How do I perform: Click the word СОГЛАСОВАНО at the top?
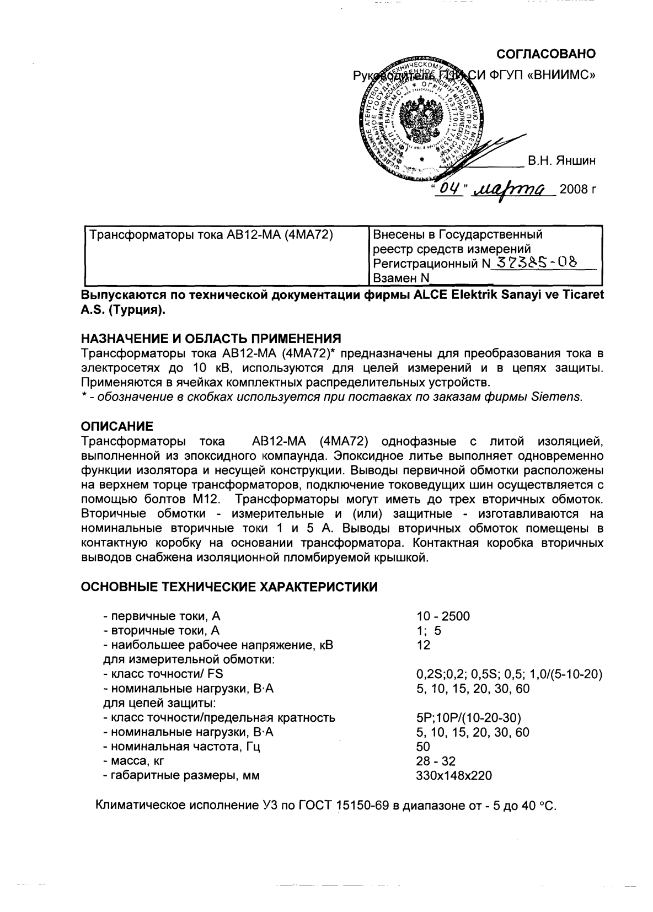(x=546, y=54)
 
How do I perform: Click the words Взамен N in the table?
(x=401, y=278)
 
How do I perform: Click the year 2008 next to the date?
(x=574, y=190)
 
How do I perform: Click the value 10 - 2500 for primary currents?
(x=443, y=616)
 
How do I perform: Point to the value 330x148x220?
(x=454, y=776)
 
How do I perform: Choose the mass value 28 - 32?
(x=436, y=761)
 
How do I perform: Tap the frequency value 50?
(x=424, y=747)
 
